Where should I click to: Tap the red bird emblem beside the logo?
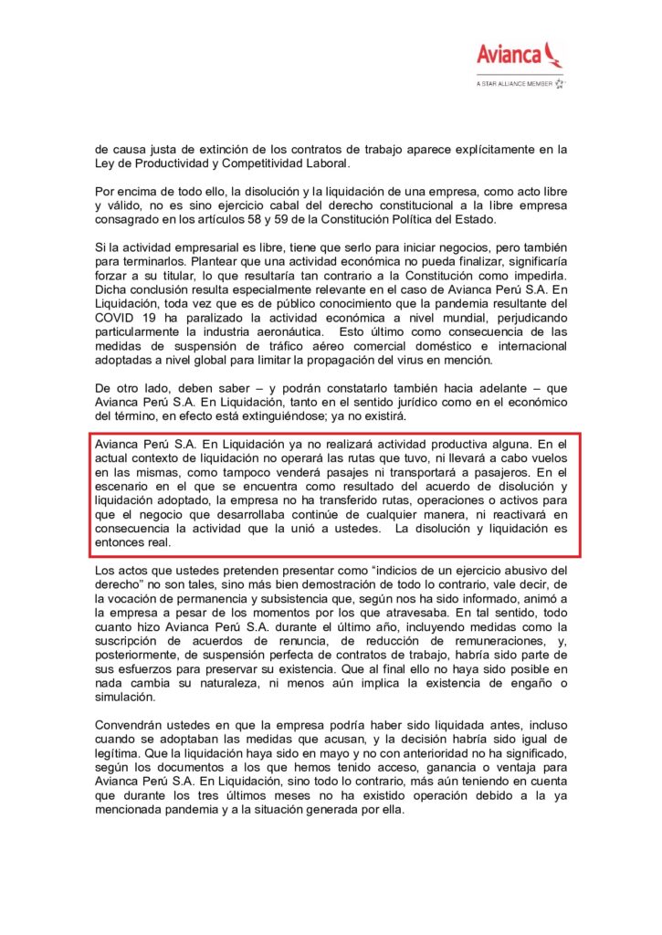553,53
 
